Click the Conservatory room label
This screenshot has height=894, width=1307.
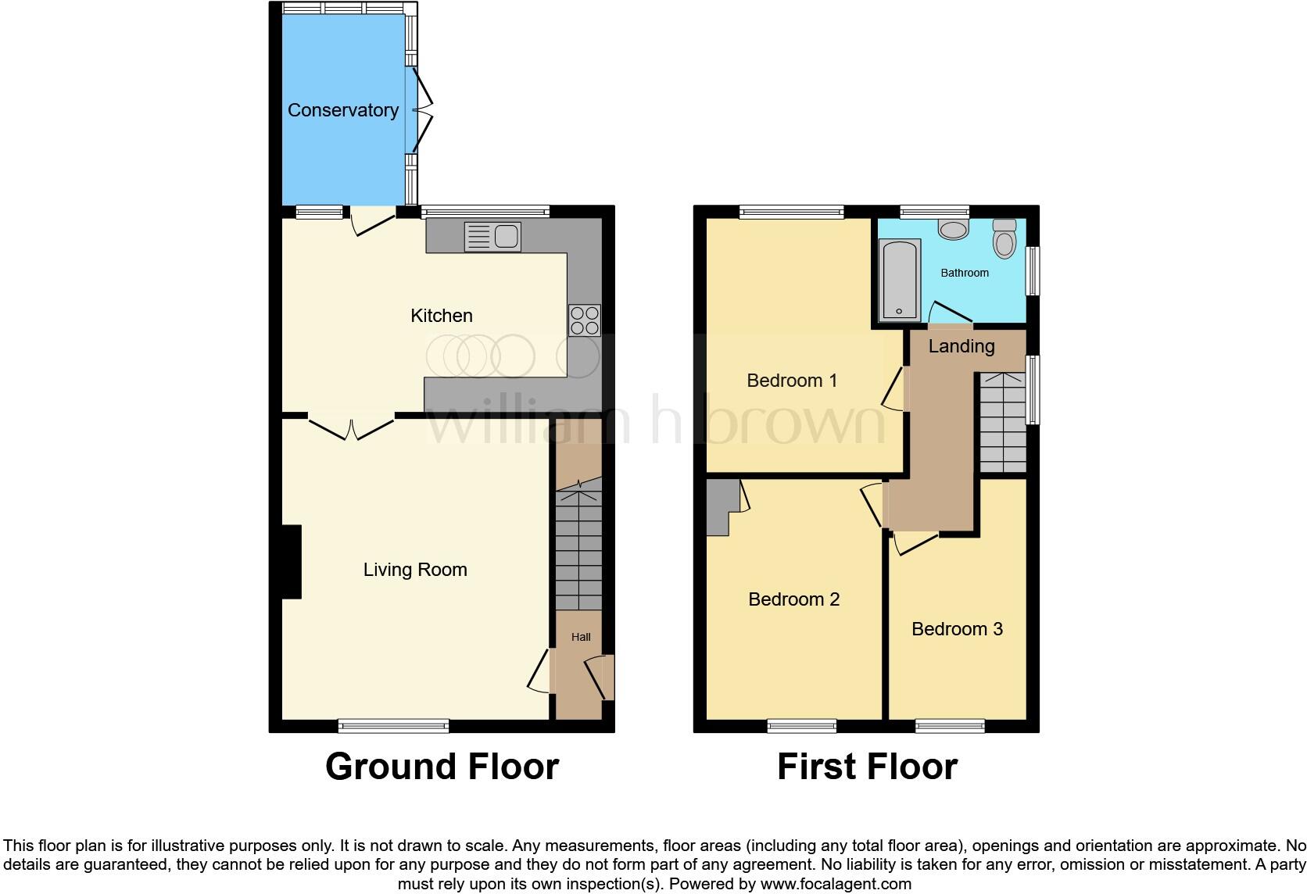[x=342, y=110]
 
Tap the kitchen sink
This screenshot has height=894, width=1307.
[x=492, y=237]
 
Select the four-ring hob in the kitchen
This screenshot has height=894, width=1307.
[x=585, y=320]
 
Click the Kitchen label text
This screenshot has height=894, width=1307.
[x=442, y=316]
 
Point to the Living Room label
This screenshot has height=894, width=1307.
[x=415, y=570]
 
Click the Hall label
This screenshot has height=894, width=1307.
[x=581, y=637]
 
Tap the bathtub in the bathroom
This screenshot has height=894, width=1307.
[x=900, y=281]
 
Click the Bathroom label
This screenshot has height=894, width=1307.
[x=965, y=273]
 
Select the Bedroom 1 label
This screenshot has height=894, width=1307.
[x=792, y=381]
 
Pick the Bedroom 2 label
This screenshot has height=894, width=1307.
[x=793, y=599]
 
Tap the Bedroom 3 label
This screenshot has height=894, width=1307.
[x=957, y=629]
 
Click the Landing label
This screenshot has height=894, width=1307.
[x=961, y=346]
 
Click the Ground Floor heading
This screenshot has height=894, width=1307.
[x=442, y=767]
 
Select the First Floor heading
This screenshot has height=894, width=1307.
[x=867, y=767]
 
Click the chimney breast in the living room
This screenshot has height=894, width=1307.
[x=291, y=562]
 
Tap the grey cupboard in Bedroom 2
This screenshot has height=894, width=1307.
[x=721, y=506]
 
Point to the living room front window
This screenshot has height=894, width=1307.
[x=393, y=726]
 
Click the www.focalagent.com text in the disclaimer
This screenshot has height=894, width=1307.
[x=836, y=884]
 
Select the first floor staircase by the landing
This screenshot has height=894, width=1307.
[x=1001, y=422]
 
